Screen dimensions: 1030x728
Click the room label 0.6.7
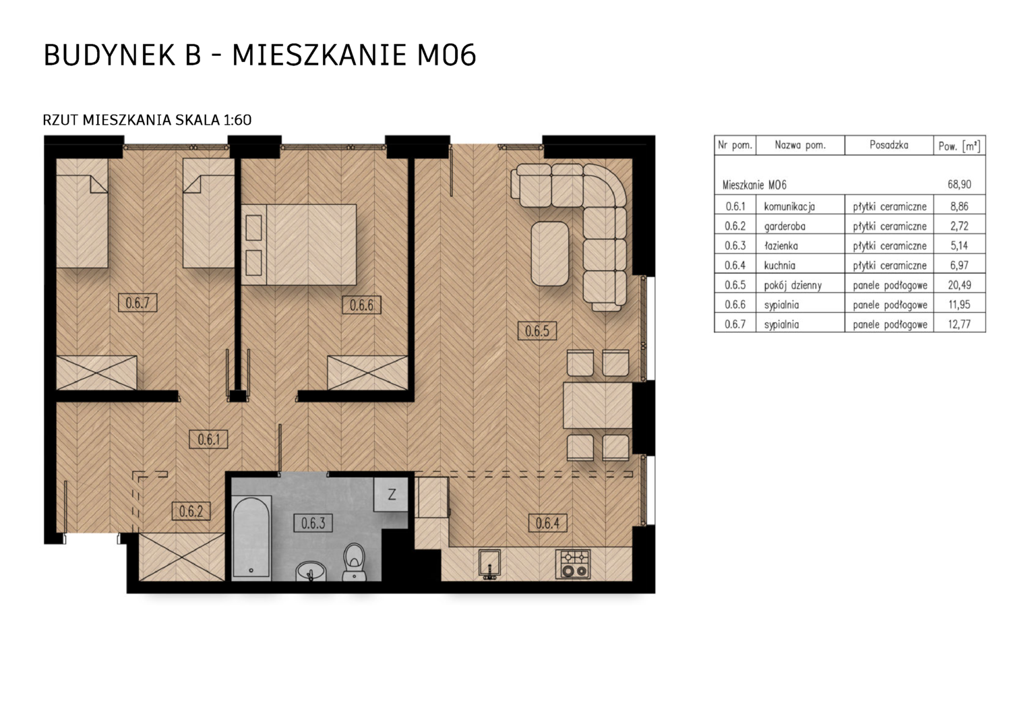[138, 303]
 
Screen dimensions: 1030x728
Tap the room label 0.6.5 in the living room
[537, 331]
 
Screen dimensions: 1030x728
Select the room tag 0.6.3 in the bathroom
[313, 523]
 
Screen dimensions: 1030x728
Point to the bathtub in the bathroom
[251, 537]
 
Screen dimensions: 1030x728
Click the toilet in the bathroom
[354, 562]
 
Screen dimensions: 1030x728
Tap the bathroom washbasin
[311, 571]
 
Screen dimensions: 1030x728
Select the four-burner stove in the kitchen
[573, 564]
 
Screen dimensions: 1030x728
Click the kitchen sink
[489, 564]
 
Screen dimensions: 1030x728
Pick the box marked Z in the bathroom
[391, 494]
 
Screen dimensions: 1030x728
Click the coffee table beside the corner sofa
[550, 254]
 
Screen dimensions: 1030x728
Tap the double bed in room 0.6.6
[299, 245]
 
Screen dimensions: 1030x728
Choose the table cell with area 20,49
[960, 284]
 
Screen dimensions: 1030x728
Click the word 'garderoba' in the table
[785, 226]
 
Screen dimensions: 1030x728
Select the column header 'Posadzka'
[889, 145]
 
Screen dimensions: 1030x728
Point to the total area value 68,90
[959, 185]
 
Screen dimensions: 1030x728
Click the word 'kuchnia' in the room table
[779, 266]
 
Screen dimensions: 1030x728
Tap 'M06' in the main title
[446, 55]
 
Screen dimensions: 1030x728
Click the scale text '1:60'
[237, 120]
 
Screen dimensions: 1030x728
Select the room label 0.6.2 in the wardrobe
[191, 511]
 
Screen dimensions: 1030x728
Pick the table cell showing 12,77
[960, 324]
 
